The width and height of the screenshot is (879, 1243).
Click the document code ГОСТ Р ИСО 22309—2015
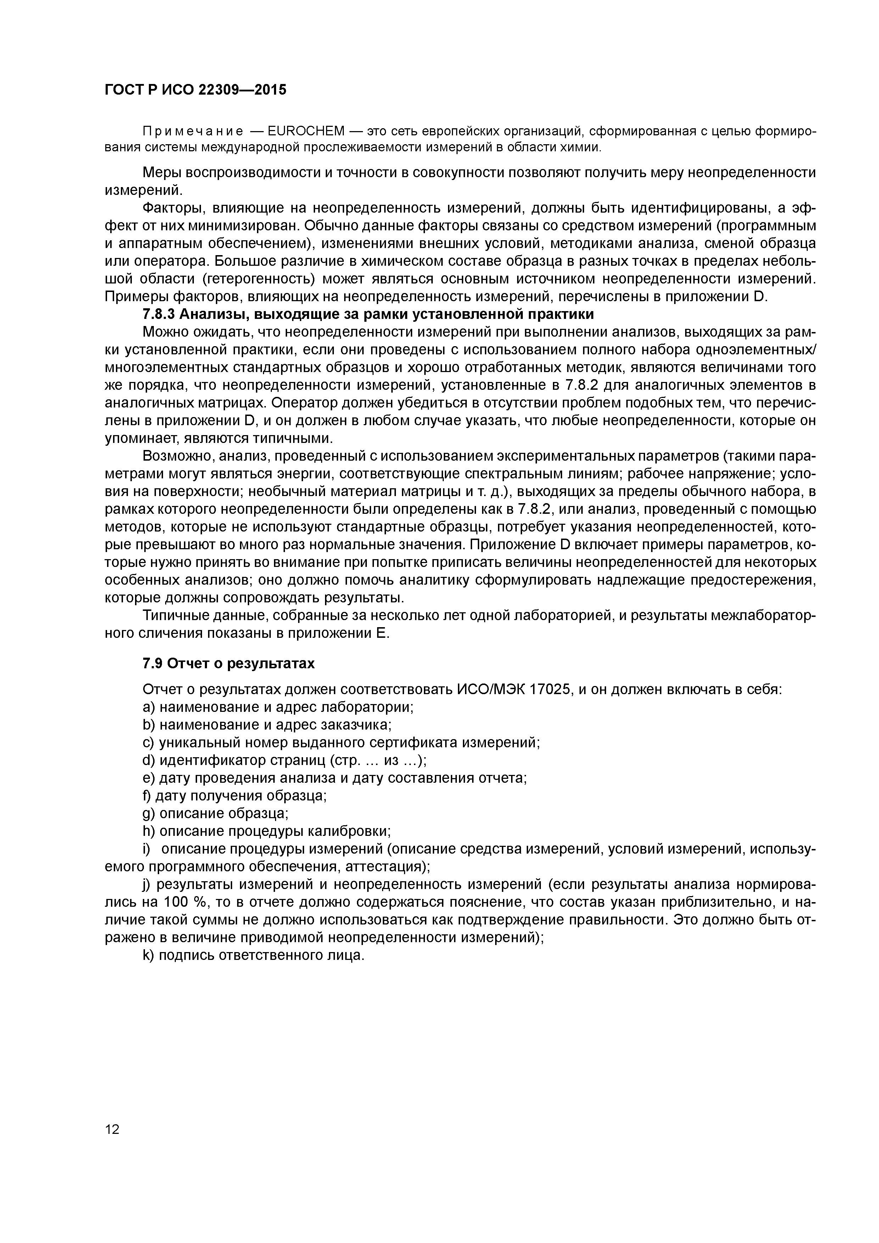click(195, 90)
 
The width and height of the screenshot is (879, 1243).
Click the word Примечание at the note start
click(192, 131)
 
